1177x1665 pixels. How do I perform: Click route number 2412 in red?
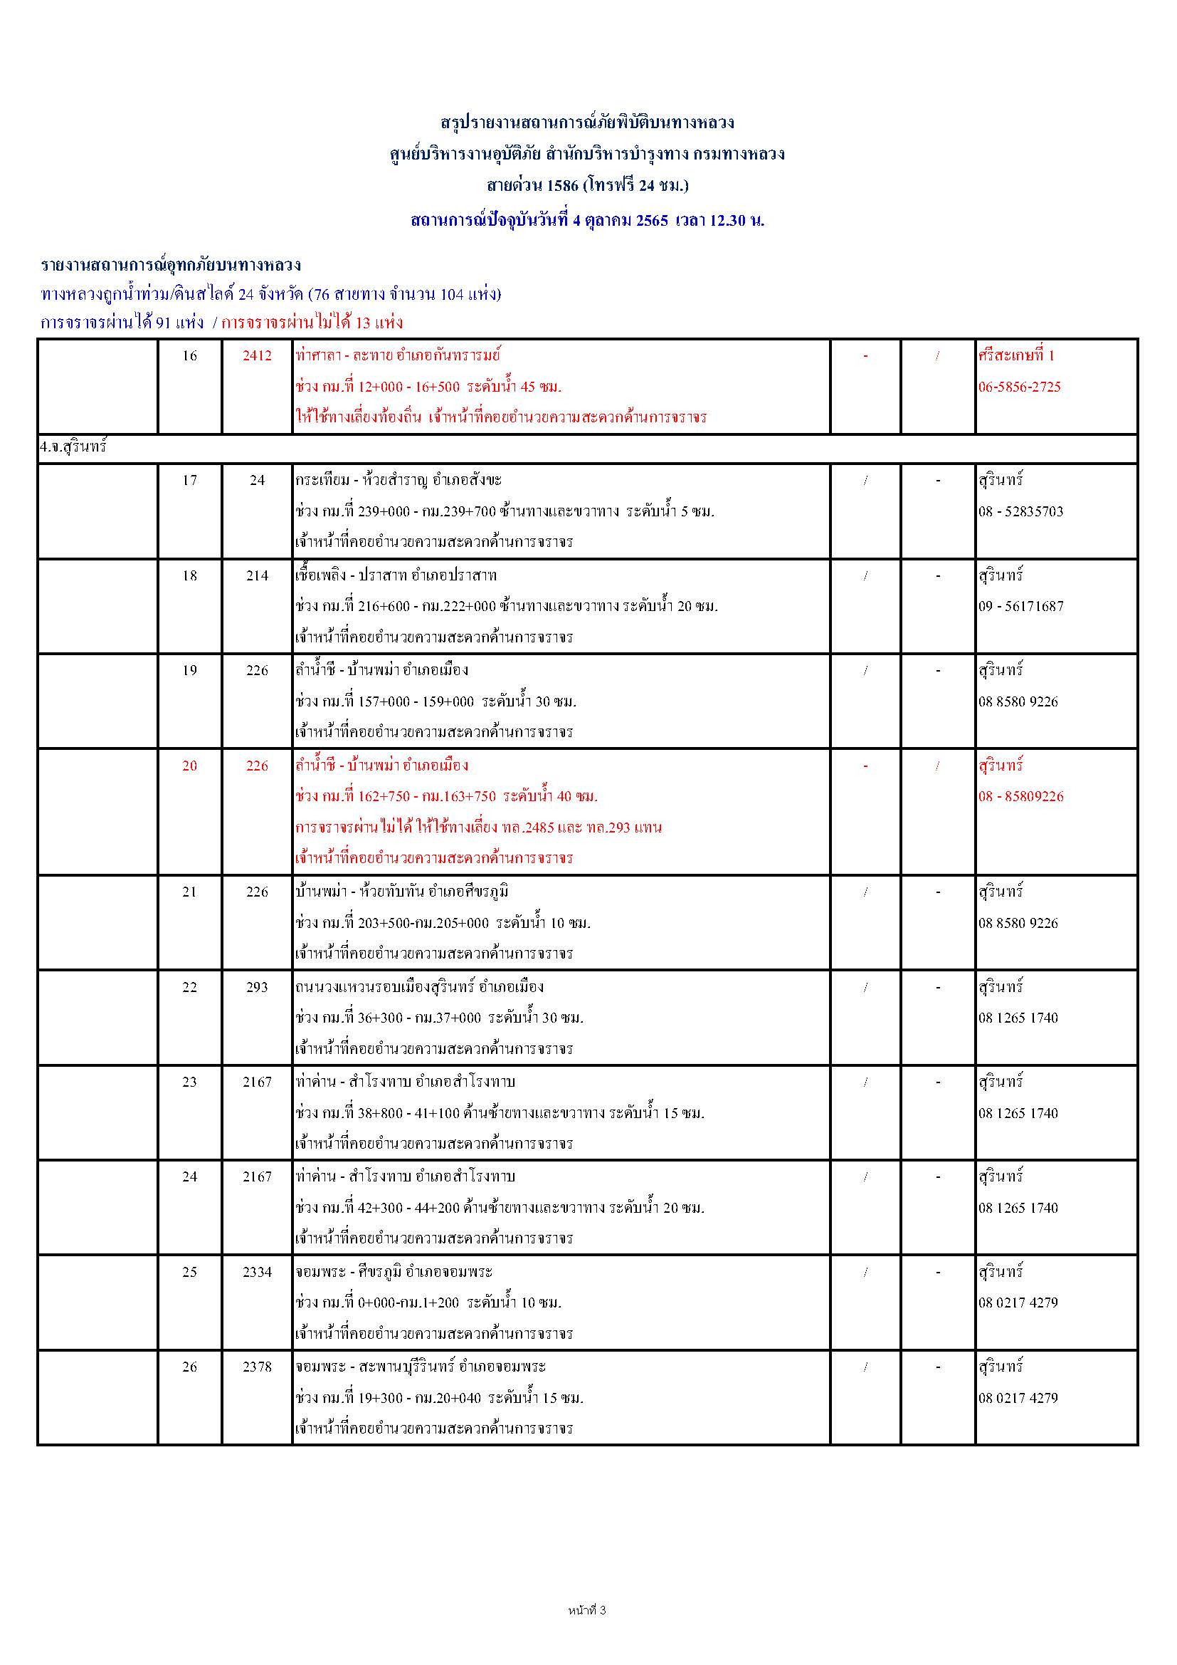click(258, 355)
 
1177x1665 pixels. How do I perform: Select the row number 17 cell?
click(189, 480)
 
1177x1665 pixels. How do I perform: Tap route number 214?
click(258, 576)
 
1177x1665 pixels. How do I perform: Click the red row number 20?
click(189, 766)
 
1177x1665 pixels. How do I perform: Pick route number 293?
click(258, 987)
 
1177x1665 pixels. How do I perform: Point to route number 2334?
click(258, 1272)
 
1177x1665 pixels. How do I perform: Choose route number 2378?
click(258, 1367)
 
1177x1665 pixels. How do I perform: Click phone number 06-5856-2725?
click(1019, 387)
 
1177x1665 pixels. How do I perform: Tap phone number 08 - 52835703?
click(1020, 511)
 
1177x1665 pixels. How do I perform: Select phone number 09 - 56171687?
click(1020, 606)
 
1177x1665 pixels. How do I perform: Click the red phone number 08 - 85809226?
click(1020, 796)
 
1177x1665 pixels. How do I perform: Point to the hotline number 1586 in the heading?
click(562, 186)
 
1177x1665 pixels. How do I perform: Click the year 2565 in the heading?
click(652, 221)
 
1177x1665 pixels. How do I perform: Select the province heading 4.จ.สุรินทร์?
click(73, 447)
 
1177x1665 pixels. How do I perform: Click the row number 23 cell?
click(189, 1082)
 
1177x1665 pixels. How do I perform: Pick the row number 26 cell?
click(189, 1367)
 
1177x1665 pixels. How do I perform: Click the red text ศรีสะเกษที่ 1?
click(1016, 355)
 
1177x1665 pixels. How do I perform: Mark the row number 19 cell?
click(189, 671)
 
